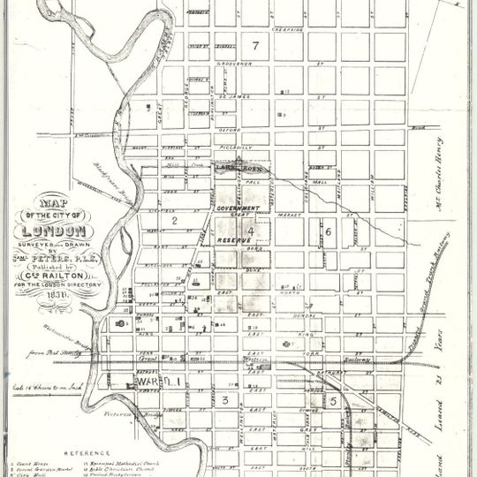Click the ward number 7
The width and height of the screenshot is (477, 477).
pos(255,45)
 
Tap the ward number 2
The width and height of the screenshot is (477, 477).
pos(175,219)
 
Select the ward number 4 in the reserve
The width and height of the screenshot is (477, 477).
pos(251,231)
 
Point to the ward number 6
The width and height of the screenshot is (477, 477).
pos(328,231)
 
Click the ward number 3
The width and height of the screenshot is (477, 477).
pos(226,400)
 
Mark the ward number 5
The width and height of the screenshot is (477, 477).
pos(333,400)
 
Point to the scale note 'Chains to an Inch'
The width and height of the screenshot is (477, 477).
pos(44,386)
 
